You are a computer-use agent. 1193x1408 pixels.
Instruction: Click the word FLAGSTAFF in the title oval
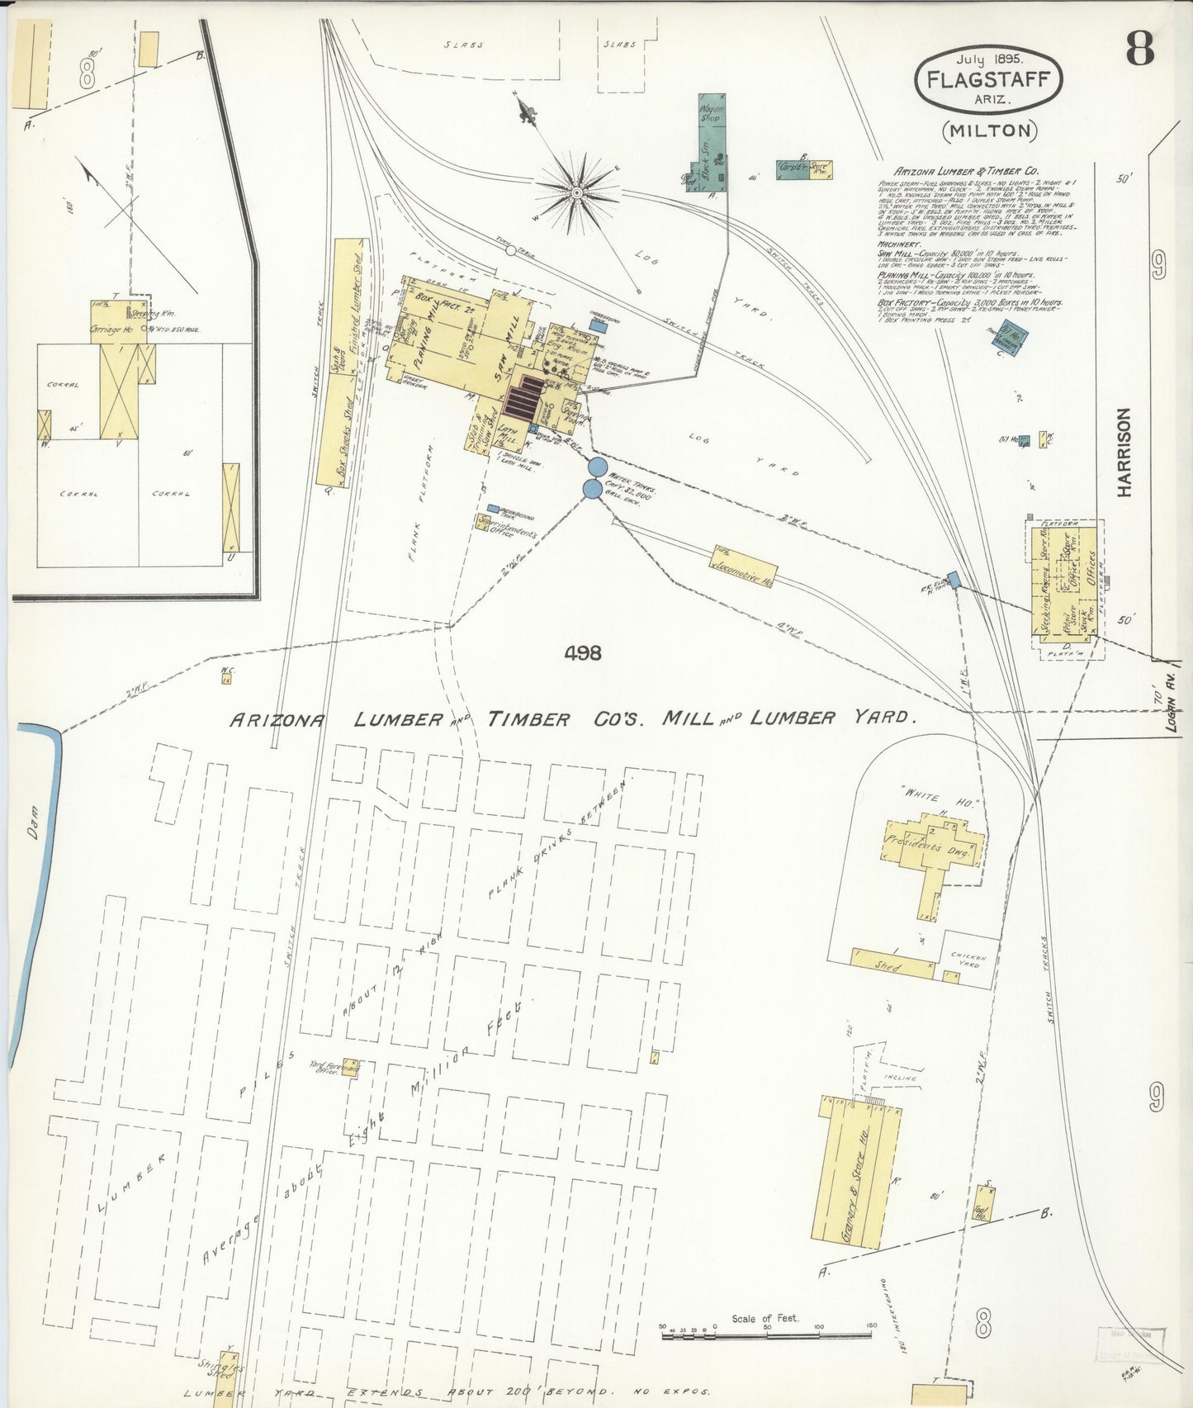click(987, 79)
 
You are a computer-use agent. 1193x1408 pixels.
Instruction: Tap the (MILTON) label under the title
click(989, 130)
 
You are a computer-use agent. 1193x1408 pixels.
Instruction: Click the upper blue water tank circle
click(594, 467)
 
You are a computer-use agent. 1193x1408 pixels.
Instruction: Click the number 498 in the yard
click(583, 653)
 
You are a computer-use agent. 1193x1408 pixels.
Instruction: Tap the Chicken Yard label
click(968, 959)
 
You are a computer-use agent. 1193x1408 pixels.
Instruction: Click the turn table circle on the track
click(510, 249)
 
